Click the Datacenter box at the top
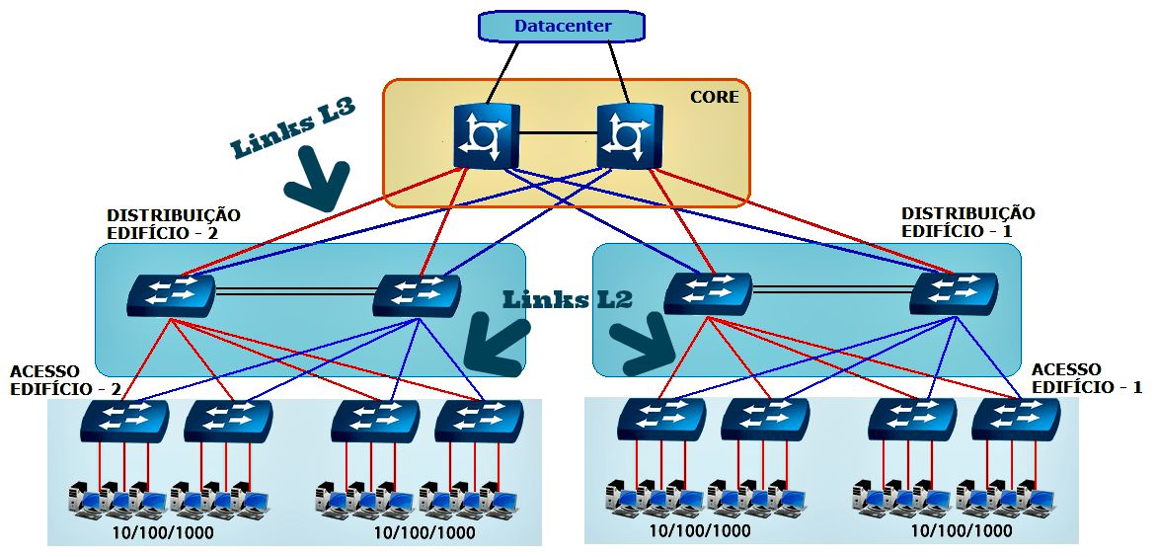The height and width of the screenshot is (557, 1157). point(561,26)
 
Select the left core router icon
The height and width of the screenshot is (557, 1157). point(487,136)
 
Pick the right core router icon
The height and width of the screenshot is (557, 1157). point(630,136)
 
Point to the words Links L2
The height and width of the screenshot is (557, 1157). point(567,299)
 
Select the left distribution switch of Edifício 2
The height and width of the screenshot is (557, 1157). point(171,294)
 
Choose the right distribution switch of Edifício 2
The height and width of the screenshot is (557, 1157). point(418,294)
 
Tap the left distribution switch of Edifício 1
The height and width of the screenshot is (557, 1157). point(707,292)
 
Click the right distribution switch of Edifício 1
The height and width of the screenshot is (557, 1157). point(953,292)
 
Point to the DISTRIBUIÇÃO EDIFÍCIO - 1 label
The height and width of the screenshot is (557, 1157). point(967,221)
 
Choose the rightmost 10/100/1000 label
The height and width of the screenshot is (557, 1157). point(962,530)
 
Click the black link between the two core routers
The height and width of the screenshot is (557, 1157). point(558,133)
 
